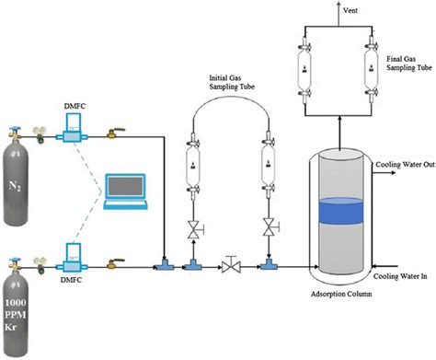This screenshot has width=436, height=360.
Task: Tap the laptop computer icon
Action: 125,188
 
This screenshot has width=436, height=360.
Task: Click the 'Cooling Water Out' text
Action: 402,166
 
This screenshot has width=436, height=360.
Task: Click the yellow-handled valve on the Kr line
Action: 116,260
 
